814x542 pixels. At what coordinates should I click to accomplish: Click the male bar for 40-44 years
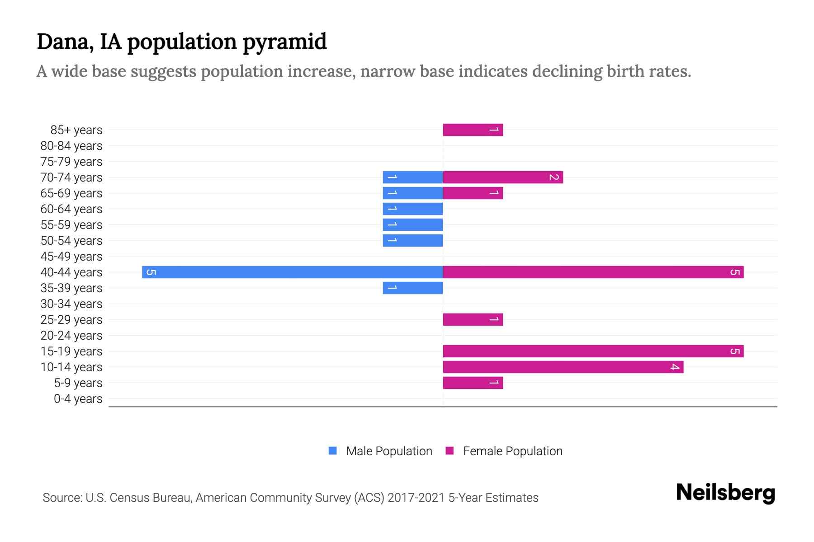(292, 272)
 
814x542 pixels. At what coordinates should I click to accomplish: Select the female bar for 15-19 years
(593, 351)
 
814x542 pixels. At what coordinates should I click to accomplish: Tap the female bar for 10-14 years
(563, 367)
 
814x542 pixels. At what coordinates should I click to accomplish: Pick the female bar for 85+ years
(473, 130)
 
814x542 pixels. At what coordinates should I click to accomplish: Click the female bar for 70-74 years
(502, 177)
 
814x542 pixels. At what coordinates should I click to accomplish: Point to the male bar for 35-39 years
(412, 288)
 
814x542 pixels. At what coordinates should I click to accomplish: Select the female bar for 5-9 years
(473, 383)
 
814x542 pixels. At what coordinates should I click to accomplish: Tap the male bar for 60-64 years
(412, 209)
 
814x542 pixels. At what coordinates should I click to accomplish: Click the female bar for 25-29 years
(473, 319)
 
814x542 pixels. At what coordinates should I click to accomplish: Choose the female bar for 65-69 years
(473, 193)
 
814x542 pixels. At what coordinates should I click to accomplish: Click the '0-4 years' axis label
(78, 399)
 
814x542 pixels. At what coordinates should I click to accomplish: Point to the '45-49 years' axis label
(71, 257)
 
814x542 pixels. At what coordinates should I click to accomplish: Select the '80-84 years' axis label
(71, 146)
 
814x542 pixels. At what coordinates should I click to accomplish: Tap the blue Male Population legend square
(333, 451)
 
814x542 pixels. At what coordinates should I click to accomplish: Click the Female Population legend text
(512, 451)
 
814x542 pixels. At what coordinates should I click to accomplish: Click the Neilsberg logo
(725, 493)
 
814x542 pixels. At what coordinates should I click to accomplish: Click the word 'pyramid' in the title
(284, 42)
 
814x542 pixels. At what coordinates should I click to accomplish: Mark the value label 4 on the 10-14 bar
(674, 367)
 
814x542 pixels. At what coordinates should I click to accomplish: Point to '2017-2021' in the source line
(416, 498)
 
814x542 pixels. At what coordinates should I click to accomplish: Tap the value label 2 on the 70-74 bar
(554, 177)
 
